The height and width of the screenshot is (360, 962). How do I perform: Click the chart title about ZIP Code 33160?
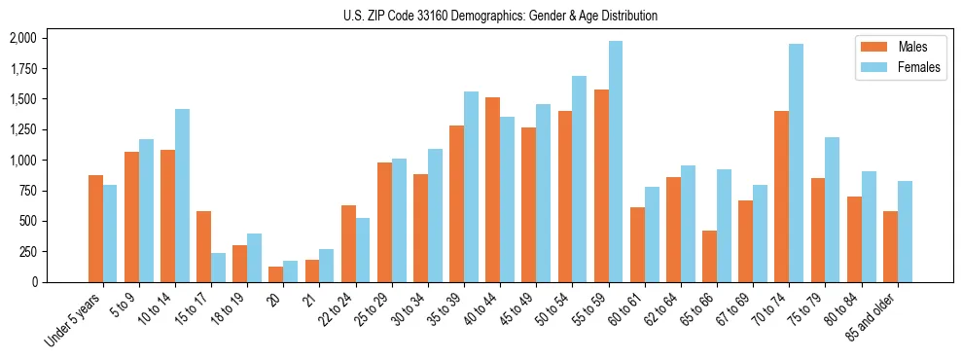coord(500,16)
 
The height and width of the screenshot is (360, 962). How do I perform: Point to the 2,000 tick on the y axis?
coord(22,38)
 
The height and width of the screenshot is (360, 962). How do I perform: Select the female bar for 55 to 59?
coord(616,162)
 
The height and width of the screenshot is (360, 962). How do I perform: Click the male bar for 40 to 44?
coord(493,190)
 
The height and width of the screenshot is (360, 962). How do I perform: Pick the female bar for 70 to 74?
coord(796,162)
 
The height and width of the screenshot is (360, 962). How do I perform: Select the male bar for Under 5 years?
coord(95,229)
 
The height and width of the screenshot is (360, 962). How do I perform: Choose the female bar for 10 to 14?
coord(182,196)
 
